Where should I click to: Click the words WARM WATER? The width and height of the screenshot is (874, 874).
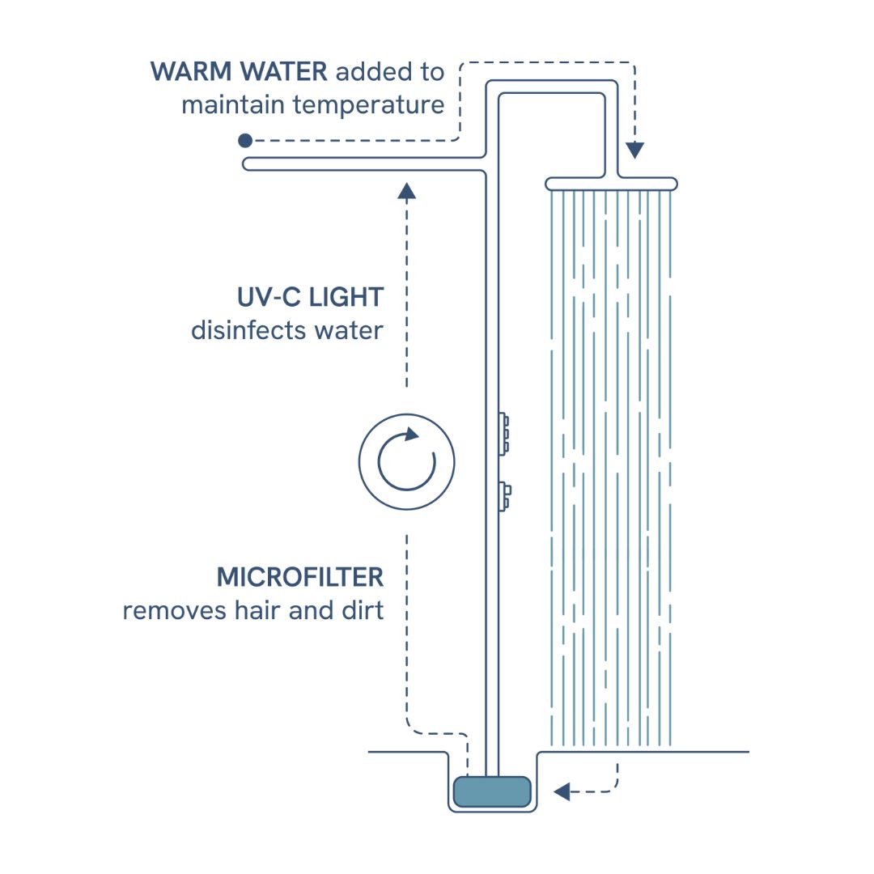point(239,72)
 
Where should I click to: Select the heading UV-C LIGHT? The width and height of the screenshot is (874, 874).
point(310,297)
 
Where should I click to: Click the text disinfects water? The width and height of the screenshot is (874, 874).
point(286,330)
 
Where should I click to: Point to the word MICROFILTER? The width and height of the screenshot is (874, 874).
point(299,578)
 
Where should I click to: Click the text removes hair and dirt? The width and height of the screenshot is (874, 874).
point(252,610)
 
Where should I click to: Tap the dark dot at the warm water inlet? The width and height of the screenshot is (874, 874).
point(245,141)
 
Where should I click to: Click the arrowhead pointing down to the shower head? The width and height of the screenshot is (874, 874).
point(635,150)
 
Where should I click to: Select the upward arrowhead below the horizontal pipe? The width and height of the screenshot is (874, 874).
point(407,191)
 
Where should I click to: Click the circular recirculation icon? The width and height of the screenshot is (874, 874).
point(407,462)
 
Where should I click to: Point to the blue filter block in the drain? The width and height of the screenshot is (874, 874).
point(491,791)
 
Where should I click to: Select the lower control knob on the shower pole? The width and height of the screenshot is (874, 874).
point(504,495)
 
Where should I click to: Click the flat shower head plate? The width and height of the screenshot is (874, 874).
point(612,184)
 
